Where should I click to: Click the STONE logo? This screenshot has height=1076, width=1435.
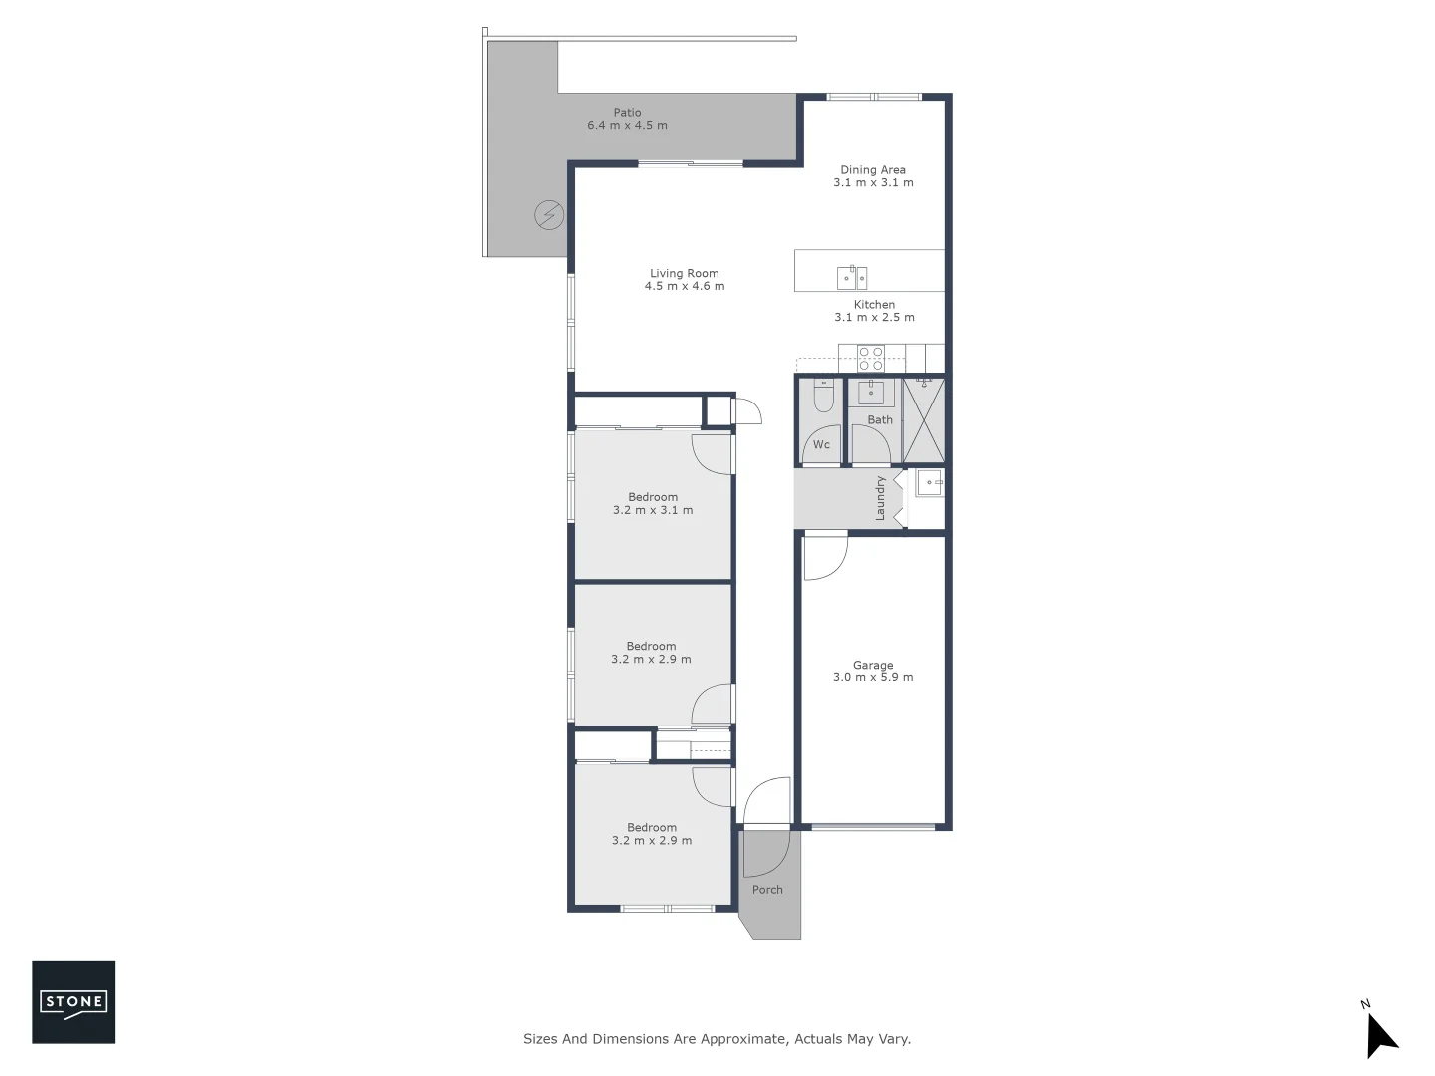(x=73, y=1002)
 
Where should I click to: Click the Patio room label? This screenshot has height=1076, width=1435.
(x=627, y=113)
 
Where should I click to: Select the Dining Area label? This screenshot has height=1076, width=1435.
(x=872, y=170)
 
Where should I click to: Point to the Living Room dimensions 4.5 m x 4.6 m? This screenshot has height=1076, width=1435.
(x=684, y=287)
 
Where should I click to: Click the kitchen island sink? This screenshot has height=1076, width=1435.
(x=851, y=277)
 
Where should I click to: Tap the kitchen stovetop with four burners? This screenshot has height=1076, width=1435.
(x=870, y=356)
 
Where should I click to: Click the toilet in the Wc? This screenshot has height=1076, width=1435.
(x=823, y=398)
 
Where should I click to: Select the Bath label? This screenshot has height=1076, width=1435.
(x=879, y=420)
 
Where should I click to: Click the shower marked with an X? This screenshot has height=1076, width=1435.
(x=923, y=419)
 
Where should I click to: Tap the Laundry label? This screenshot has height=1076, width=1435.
(x=880, y=498)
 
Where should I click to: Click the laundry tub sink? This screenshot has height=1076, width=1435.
(x=930, y=484)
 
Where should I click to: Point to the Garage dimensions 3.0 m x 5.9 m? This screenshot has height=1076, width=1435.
(x=873, y=678)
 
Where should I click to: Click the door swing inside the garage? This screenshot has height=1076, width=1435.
(x=824, y=558)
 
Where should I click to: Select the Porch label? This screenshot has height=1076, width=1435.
(x=767, y=890)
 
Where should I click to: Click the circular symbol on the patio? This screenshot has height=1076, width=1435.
(x=549, y=215)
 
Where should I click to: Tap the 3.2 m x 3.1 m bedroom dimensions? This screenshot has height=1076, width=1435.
(x=653, y=510)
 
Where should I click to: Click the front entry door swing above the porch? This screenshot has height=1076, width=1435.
(x=765, y=802)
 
